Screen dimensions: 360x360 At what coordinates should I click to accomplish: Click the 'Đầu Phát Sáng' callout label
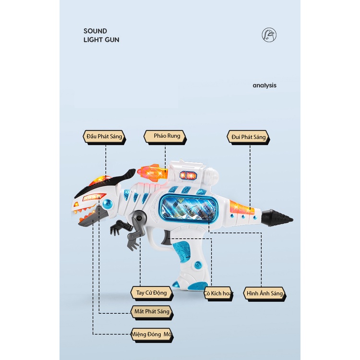[104, 137]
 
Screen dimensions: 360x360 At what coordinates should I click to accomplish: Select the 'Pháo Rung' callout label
[165, 137]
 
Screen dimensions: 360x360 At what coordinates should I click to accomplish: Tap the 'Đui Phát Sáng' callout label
[249, 137]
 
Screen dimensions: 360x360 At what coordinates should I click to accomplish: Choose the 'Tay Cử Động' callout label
[152, 293]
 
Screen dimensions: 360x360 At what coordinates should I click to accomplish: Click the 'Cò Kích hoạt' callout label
[218, 294]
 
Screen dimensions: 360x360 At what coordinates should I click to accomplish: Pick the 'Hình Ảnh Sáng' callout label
[264, 294]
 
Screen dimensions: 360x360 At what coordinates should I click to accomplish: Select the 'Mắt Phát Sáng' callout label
[152, 312]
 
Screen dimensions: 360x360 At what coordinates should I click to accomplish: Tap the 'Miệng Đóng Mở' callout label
[152, 335]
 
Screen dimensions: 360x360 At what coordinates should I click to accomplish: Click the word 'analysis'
[264, 85]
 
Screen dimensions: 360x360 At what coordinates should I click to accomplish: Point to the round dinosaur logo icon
[269, 35]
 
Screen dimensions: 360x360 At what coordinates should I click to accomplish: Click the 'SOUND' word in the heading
[96, 31]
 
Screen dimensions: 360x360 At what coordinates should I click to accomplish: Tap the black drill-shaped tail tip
[277, 218]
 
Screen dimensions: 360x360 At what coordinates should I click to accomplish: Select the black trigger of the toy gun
[165, 238]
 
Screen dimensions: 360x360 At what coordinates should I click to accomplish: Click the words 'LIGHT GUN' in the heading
[101, 40]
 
